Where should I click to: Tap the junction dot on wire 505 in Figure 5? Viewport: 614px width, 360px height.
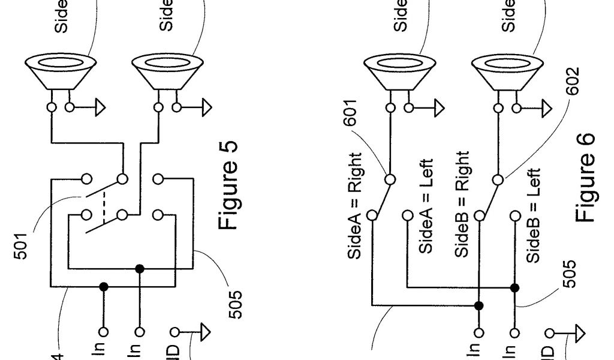[140, 269]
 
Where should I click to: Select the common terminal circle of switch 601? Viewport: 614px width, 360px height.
[390, 179]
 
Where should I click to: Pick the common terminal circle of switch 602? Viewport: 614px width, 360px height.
[498, 179]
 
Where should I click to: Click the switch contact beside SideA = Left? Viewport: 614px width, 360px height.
[408, 214]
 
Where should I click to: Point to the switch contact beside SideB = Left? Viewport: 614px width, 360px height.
[514, 214]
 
